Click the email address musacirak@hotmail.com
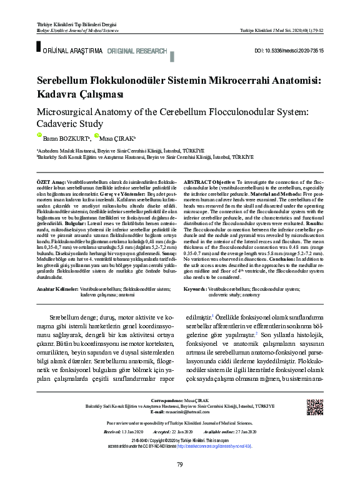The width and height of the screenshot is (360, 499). coord(191,413)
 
